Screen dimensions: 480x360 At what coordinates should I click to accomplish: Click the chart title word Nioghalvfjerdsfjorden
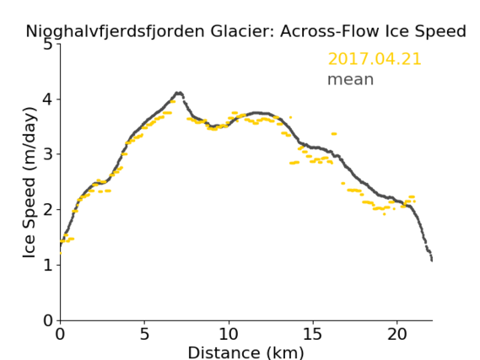[x=115, y=32]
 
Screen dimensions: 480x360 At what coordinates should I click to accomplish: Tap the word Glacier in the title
[x=242, y=31]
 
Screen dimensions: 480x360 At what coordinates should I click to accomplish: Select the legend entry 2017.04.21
[x=375, y=59]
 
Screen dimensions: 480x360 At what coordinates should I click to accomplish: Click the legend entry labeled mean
[x=351, y=79]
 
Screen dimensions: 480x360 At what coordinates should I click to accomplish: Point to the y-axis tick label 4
[x=48, y=99]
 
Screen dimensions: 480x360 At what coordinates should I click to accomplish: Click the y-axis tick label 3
[x=48, y=154]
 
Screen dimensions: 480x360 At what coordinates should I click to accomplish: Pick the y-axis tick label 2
[x=48, y=210]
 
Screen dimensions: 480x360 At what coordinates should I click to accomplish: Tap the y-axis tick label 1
[x=48, y=265]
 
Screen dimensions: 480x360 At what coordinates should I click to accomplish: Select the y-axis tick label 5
[x=48, y=44]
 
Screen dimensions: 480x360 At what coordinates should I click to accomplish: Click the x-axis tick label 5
[x=144, y=334]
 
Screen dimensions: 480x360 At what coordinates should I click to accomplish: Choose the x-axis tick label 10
[x=229, y=334]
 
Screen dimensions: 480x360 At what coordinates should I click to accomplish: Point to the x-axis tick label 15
[x=313, y=334]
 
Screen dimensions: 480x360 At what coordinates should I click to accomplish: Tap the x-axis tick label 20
[x=397, y=334]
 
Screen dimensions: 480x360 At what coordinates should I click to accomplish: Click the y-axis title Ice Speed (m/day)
[x=29, y=183]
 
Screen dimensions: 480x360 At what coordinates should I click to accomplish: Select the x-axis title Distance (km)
[x=245, y=353]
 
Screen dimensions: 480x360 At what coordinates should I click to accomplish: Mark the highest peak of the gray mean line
[x=179, y=93]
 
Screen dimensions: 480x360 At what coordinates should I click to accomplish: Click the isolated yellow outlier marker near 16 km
[x=334, y=134]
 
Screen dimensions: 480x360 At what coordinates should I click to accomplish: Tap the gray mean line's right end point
[x=432, y=261]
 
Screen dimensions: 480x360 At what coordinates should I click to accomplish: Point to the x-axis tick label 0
[x=60, y=334]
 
